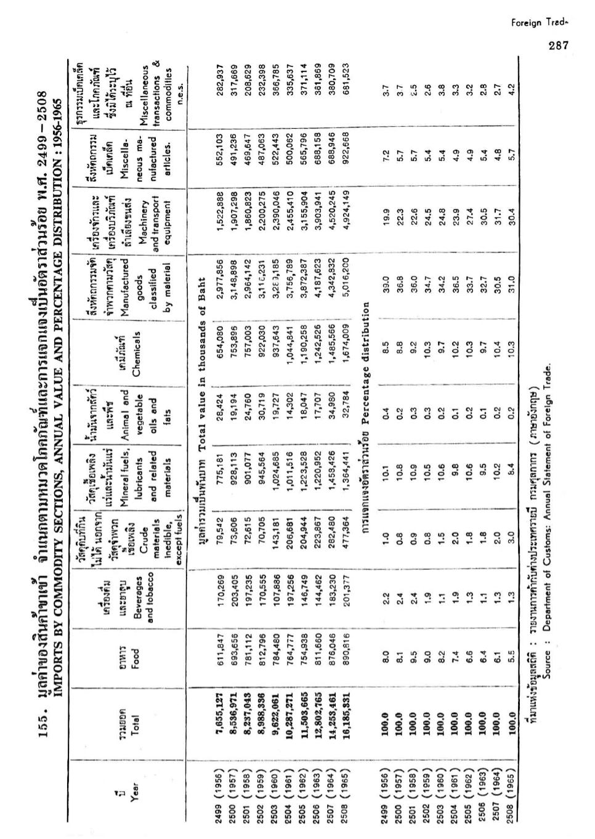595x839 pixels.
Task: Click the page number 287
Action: (x=557, y=44)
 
